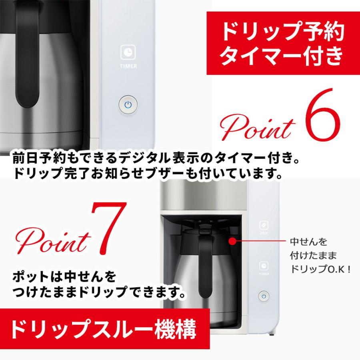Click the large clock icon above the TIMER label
coord(128,52)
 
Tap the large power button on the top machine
coord(128,105)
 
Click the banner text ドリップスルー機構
coord(103,330)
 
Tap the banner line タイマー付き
coord(283,56)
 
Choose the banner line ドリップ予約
coord(283,32)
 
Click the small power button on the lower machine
coord(264,296)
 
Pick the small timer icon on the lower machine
coord(264,266)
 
